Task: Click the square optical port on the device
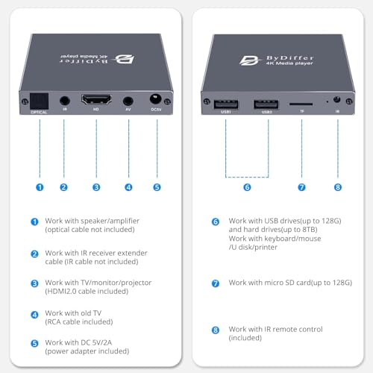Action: click(39, 101)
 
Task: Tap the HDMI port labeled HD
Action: click(96, 99)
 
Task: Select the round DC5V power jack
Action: click(155, 99)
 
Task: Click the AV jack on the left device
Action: click(128, 101)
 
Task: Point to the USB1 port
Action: click(226, 104)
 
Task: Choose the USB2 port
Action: click(266, 104)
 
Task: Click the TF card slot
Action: click(301, 104)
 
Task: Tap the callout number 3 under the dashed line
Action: click(96, 187)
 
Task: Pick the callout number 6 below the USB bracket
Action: click(247, 187)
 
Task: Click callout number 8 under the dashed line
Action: click(338, 187)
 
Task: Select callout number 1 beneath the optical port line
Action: click(40, 187)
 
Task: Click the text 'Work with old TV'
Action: click(73, 313)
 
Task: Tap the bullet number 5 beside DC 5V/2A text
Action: click(34, 343)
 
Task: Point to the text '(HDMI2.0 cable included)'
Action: click(87, 291)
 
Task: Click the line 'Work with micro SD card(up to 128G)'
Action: click(290, 283)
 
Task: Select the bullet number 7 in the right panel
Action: click(216, 283)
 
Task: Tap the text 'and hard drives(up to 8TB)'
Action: click(273, 230)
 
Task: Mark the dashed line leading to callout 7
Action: click(301, 148)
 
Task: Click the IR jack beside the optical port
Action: click(65, 101)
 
